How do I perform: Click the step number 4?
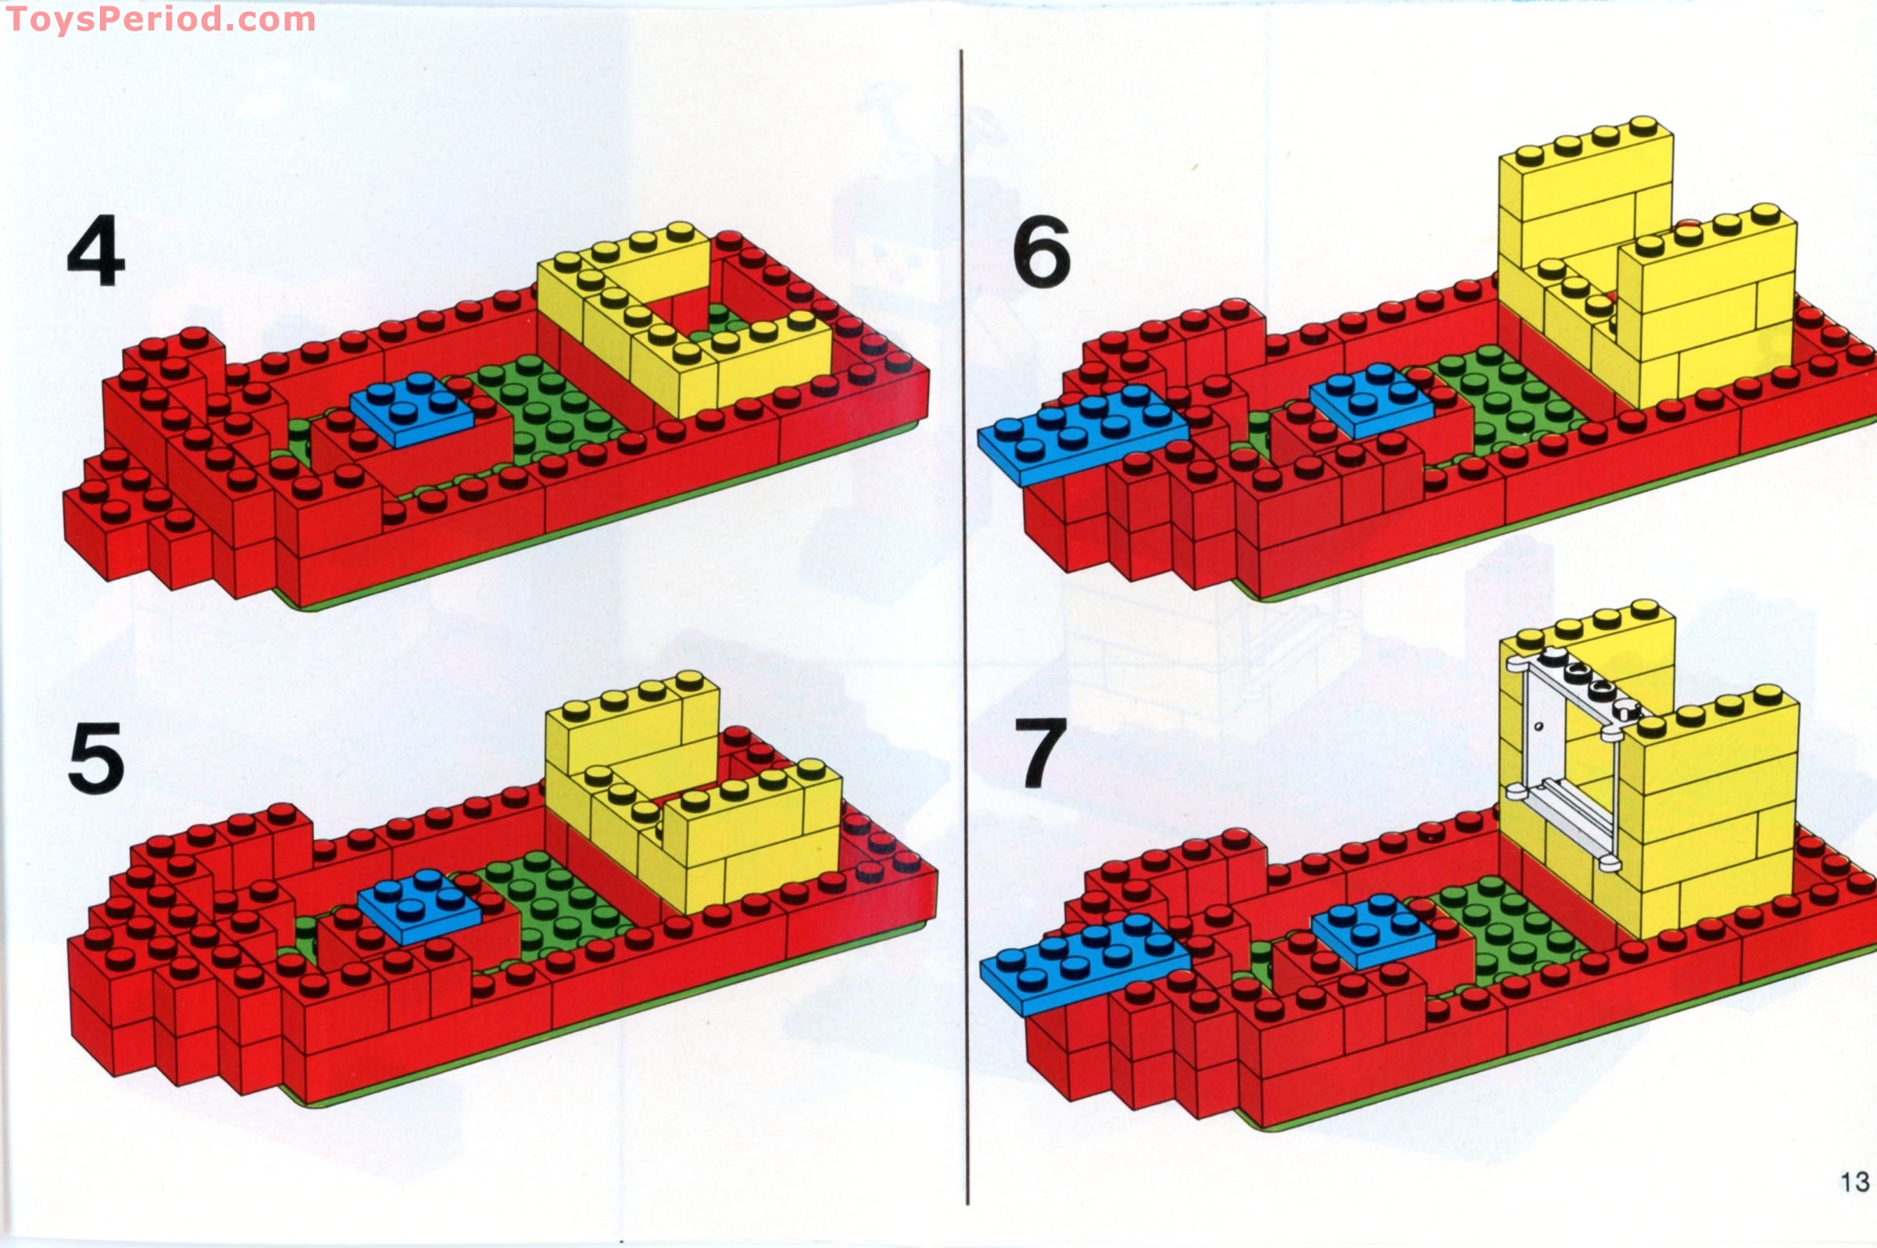tap(96, 251)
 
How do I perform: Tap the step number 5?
tap(96, 758)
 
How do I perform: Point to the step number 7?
tap(1040, 753)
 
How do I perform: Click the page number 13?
tap(1854, 1182)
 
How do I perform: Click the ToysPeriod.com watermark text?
tap(160, 19)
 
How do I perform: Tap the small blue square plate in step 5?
tap(420, 906)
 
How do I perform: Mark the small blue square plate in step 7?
tap(1373, 931)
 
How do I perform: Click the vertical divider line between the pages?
tap(964, 628)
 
